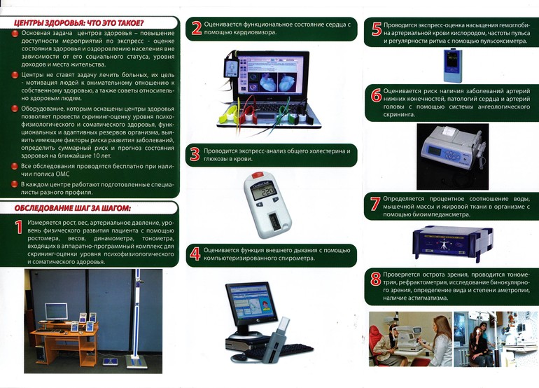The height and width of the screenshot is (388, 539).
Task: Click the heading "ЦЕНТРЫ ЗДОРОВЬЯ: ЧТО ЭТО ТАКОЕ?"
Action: (78, 23)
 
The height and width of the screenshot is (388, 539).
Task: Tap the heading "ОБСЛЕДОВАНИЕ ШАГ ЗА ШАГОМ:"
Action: (73, 209)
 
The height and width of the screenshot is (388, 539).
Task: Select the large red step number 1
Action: (19, 228)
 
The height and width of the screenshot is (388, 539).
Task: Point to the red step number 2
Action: (197, 28)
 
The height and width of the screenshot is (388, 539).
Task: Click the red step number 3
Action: (195, 155)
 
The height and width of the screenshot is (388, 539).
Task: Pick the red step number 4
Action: (195, 254)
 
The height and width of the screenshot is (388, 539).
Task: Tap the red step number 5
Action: (377, 29)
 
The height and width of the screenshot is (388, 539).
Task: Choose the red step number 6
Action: (376, 95)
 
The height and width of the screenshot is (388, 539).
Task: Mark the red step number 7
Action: (375, 203)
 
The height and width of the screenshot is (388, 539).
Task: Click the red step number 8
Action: (376, 279)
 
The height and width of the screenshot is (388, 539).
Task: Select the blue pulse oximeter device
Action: (453, 66)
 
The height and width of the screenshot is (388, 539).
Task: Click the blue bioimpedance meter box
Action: (452, 243)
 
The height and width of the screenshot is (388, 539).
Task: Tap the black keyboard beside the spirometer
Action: (279, 352)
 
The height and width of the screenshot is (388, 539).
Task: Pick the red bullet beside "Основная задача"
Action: (15, 34)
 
